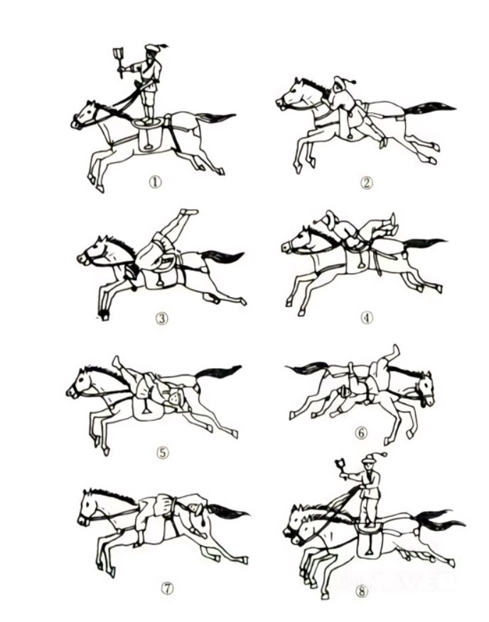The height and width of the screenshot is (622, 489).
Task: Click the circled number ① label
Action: pyautogui.click(x=155, y=182)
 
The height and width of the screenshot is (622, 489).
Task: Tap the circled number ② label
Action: pyautogui.click(x=367, y=183)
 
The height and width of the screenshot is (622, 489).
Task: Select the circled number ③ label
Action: pyautogui.click(x=161, y=318)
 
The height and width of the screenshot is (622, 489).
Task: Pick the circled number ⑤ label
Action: pyautogui.click(x=162, y=452)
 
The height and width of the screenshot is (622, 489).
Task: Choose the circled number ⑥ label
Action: pyautogui.click(x=360, y=433)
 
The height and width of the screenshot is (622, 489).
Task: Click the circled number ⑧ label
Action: pyautogui.click(x=361, y=591)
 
